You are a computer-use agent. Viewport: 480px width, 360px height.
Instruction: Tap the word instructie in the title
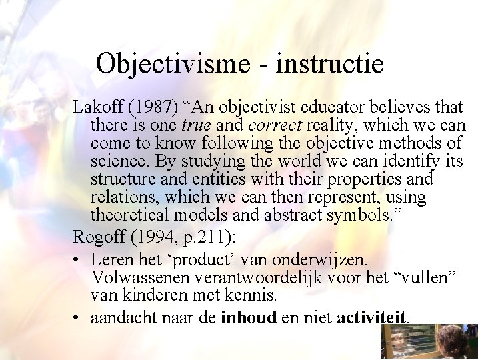pyautogui.click(x=329, y=65)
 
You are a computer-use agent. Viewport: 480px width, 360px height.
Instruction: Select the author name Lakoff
pyautogui.click(x=95, y=107)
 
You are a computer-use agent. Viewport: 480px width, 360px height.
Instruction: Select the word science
pyautogui.click(x=115, y=161)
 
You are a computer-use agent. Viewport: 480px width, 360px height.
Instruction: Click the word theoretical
pyautogui.click(x=131, y=215)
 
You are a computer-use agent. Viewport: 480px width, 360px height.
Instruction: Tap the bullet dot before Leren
pyautogui.click(x=79, y=258)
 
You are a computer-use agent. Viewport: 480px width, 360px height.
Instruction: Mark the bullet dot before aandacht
pyautogui.click(x=79, y=317)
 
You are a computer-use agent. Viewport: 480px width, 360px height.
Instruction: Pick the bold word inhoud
pyautogui.click(x=248, y=317)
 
